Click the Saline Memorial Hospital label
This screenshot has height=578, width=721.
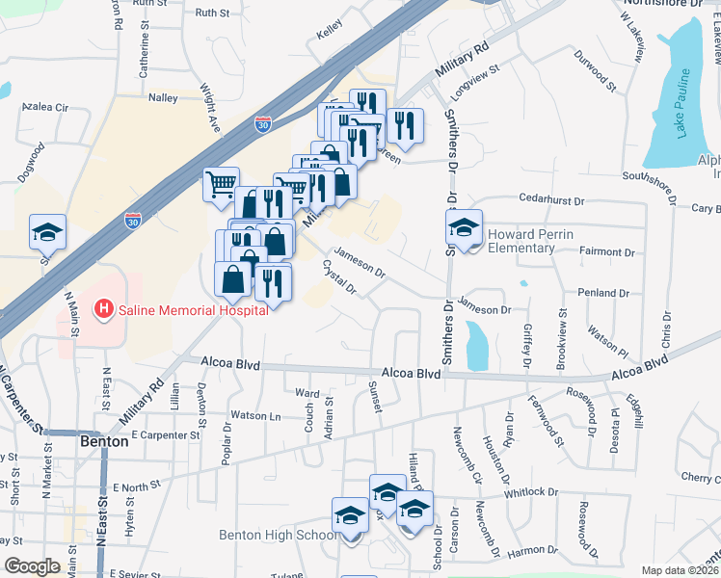click(193, 310)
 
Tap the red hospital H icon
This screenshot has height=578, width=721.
click(103, 309)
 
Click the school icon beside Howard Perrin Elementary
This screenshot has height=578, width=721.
click(464, 227)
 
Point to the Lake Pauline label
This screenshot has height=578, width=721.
click(682, 103)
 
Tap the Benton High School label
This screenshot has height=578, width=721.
click(277, 536)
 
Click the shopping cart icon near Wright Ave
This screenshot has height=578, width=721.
click(222, 182)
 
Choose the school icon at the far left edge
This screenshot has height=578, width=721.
click(47, 231)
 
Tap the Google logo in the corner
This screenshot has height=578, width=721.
click(33, 566)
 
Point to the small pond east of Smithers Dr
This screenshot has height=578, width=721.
click(476, 345)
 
